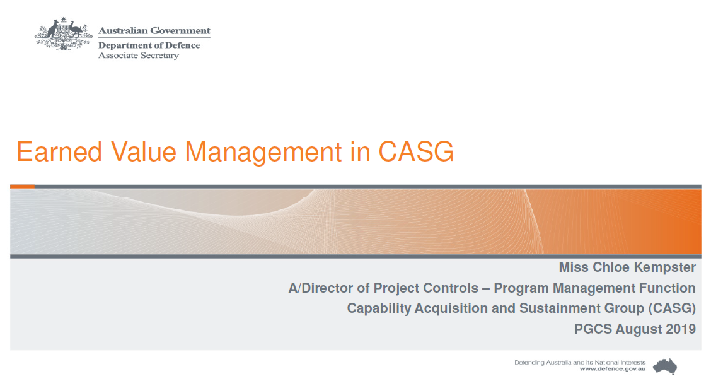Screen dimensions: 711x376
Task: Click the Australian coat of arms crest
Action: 64,34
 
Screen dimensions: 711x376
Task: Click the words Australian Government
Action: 154,31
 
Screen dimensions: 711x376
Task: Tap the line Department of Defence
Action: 149,45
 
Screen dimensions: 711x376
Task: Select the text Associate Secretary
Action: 139,56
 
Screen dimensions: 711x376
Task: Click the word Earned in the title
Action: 59,151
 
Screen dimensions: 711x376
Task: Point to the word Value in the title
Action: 144,151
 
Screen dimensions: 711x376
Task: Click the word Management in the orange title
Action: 263,153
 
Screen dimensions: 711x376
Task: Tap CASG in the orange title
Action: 416,151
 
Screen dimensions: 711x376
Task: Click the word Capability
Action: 379,308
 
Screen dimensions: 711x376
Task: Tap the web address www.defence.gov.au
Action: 613,369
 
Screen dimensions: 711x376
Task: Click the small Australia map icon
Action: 665,366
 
